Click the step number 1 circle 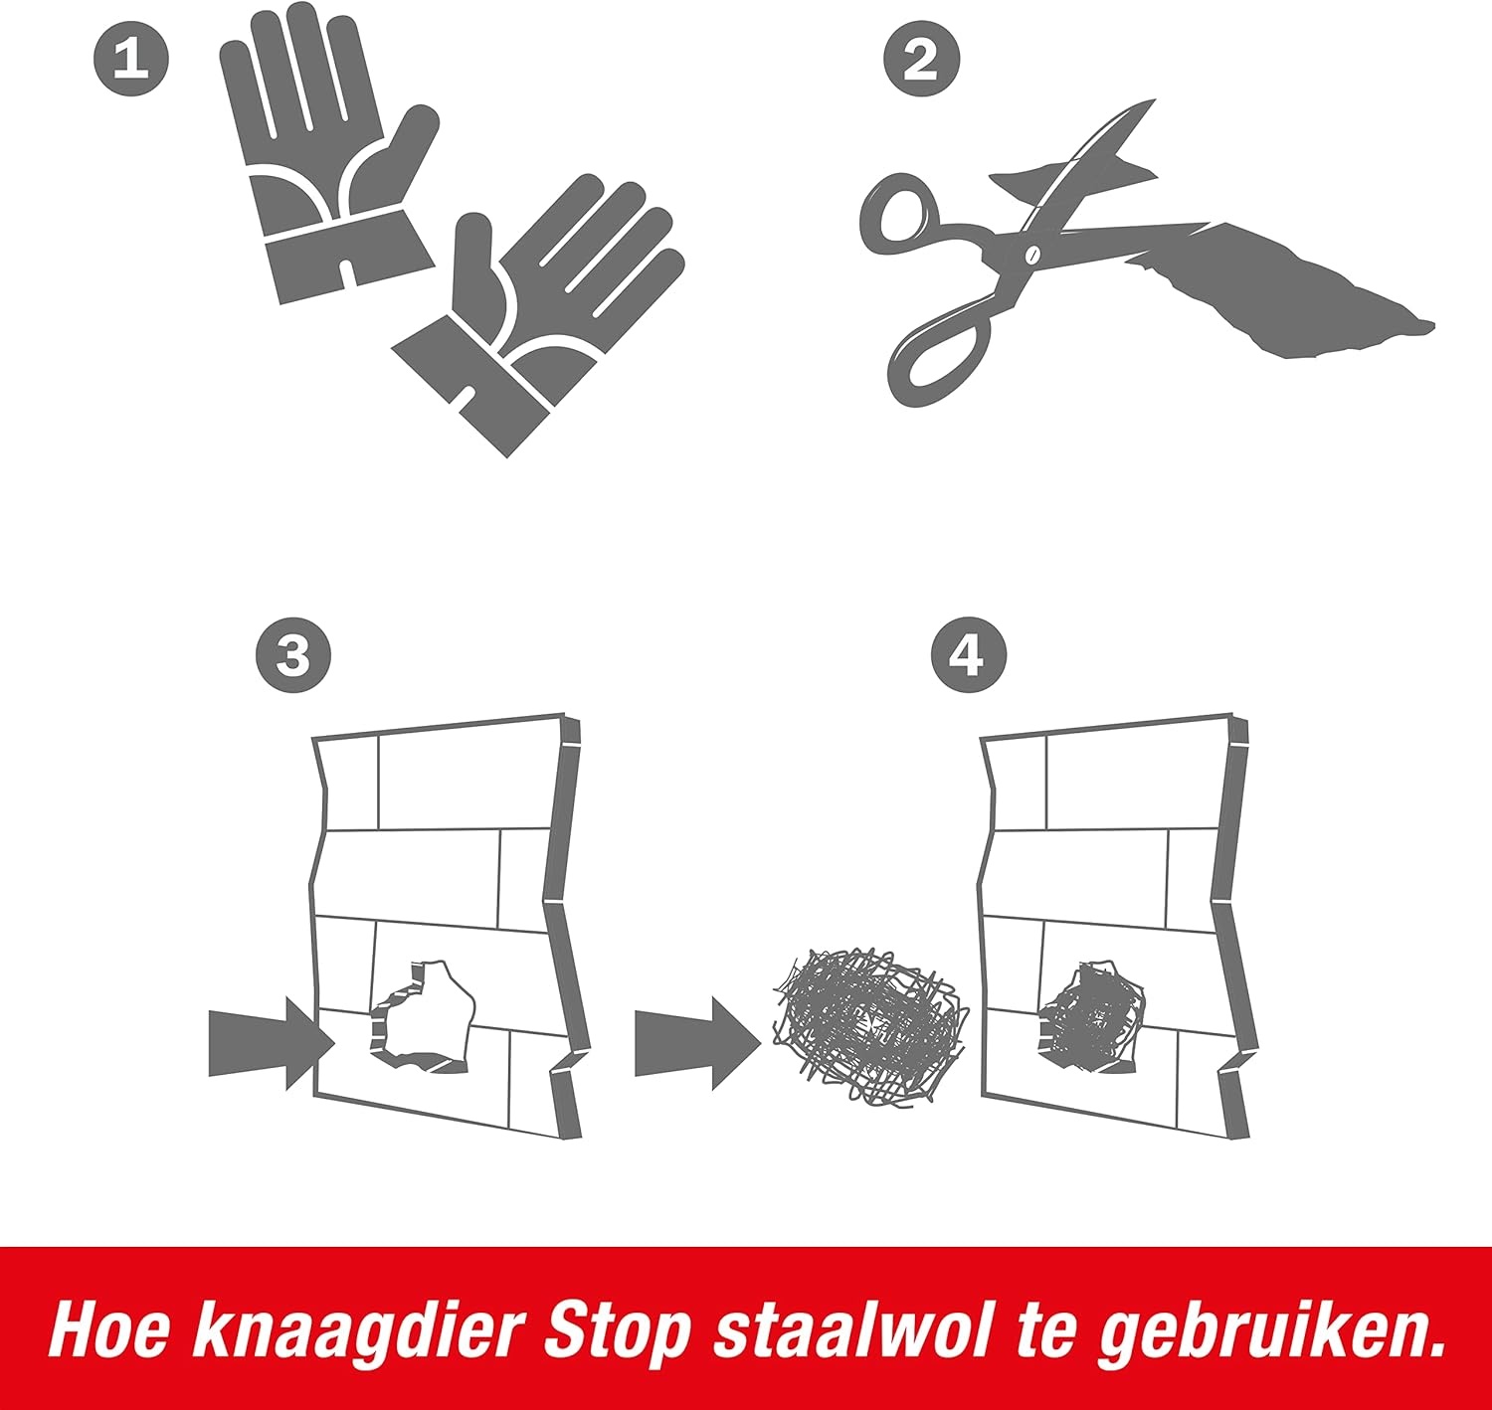[131, 59]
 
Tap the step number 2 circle [921, 59]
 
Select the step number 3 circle [293, 655]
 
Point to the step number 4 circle [969, 655]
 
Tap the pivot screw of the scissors [1031, 255]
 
